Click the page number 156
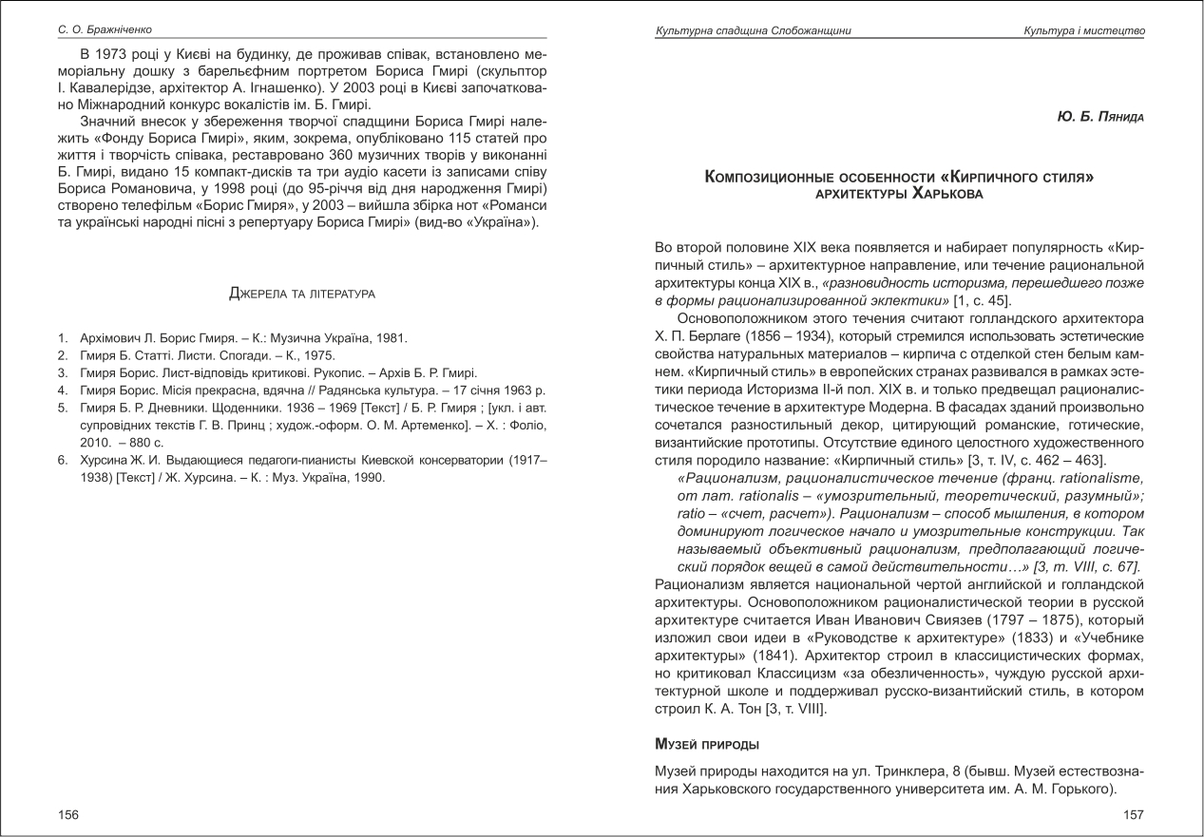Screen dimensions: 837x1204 68,814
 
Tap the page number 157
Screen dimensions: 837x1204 1134,814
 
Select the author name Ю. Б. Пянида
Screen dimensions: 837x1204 1099,117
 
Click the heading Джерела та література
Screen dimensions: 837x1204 302,294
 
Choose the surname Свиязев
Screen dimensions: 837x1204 949,621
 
